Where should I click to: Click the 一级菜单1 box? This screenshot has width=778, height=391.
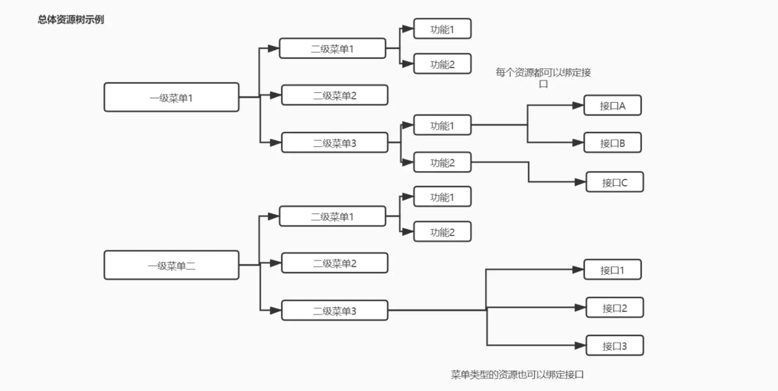(x=171, y=97)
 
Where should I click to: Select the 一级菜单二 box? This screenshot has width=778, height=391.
(x=171, y=265)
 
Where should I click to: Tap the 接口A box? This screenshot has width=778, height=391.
(x=612, y=106)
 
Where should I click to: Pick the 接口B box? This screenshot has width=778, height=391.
(x=612, y=143)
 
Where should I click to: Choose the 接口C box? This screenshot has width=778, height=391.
(x=614, y=182)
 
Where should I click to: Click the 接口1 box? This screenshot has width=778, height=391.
(x=612, y=270)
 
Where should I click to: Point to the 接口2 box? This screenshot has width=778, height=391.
(x=614, y=308)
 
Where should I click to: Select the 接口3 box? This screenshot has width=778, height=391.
(x=614, y=346)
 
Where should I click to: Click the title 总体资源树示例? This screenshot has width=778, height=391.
(x=71, y=19)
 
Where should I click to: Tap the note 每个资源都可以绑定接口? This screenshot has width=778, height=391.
(x=543, y=77)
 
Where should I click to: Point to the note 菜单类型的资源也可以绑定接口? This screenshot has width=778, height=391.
(x=517, y=375)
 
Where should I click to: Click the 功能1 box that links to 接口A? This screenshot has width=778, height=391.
(x=442, y=125)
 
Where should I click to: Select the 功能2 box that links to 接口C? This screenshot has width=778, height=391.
(x=442, y=163)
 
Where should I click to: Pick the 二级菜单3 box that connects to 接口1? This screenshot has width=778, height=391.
(x=334, y=311)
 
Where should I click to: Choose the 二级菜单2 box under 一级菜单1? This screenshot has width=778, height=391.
(x=334, y=95)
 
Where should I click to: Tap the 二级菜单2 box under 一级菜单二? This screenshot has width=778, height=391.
(x=334, y=263)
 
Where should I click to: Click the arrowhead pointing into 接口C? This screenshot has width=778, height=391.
(x=580, y=182)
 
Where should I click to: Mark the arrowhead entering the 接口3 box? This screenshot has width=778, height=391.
(x=580, y=346)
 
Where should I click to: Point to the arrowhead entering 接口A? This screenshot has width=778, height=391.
(x=578, y=106)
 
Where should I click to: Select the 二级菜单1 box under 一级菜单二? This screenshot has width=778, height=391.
(x=332, y=216)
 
